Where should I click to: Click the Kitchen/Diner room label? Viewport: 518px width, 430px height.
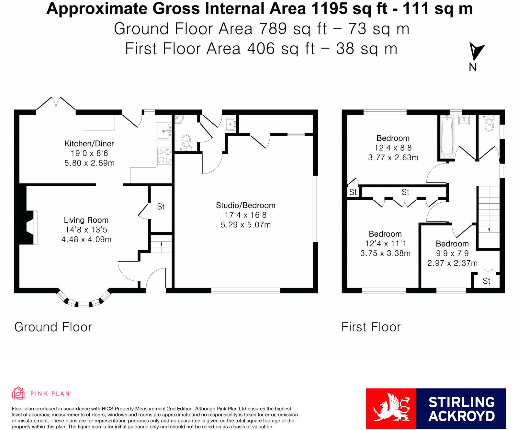pyautogui.click(x=89, y=143)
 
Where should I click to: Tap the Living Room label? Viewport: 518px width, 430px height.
pyautogui.click(x=86, y=220)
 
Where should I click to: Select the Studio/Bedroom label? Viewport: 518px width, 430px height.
pyautogui.click(x=246, y=205)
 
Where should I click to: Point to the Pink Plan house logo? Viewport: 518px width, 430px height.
pyautogui.click(x=18, y=393)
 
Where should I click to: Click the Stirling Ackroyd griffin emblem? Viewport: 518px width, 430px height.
pyautogui.click(x=391, y=408)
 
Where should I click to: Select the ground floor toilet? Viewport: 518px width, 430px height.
pyautogui.click(x=186, y=143)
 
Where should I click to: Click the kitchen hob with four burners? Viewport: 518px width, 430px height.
pyautogui.click(x=164, y=156)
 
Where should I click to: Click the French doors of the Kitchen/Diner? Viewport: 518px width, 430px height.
pyautogui.click(x=56, y=104)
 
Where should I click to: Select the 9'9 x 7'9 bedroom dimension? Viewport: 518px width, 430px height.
pyautogui.click(x=452, y=253)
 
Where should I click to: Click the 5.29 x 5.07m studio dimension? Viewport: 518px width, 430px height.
pyautogui.click(x=246, y=225)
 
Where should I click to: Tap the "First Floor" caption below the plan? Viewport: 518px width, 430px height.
pyautogui.click(x=371, y=327)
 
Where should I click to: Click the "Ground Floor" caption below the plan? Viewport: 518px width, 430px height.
pyautogui.click(x=53, y=327)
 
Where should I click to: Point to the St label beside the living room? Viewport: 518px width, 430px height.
pyautogui.click(x=161, y=207)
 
